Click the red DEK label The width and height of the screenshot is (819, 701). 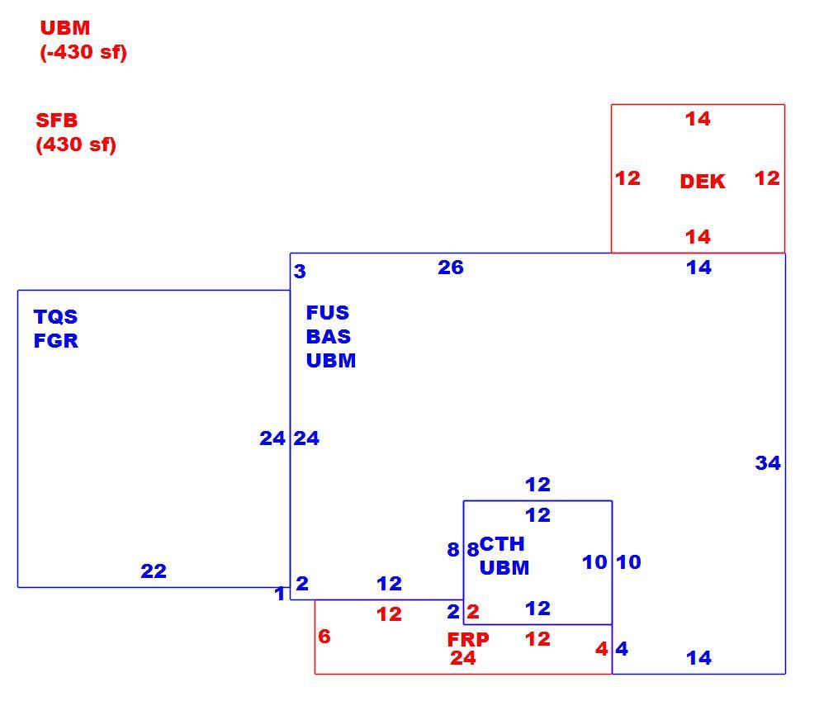(x=702, y=182)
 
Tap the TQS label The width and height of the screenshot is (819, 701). (x=55, y=316)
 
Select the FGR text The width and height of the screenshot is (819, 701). (x=56, y=340)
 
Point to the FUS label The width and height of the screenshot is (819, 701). (x=328, y=312)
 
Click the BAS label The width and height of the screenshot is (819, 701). (x=328, y=336)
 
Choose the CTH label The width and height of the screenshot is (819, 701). (x=502, y=544)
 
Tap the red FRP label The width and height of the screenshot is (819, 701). (x=468, y=639)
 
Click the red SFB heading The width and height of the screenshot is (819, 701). (x=56, y=121)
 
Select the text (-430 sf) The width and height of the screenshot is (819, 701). (x=83, y=52)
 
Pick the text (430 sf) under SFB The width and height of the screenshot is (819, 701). (x=76, y=144)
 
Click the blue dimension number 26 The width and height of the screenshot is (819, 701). (x=451, y=268)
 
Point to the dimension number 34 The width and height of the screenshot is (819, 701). (x=768, y=463)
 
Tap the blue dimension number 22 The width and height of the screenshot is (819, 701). (x=154, y=571)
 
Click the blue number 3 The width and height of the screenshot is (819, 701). (x=300, y=271)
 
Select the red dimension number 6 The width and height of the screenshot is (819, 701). (x=324, y=637)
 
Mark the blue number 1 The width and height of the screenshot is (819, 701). (x=280, y=594)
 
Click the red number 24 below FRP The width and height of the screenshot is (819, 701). (x=463, y=658)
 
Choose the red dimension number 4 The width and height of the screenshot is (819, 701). (x=602, y=649)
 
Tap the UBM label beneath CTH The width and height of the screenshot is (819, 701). (x=504, y=568)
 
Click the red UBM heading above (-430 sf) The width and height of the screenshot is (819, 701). (x=65, y=28)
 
